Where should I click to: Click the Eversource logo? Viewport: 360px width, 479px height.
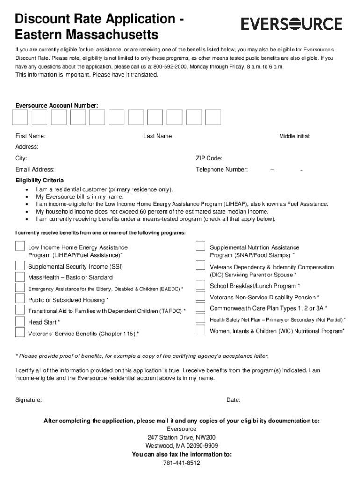pos(291,23)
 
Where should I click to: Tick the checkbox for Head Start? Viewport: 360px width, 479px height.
pos(20,321)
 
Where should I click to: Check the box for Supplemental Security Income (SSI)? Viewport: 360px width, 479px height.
pos(20,266)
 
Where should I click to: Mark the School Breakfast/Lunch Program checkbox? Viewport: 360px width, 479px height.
pos(201,285)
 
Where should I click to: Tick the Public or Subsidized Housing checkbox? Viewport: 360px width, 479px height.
pos(20,299)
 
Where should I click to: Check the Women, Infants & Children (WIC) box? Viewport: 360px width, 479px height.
pos(201,330)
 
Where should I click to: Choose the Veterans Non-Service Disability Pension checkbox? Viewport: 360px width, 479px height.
pos(201,296)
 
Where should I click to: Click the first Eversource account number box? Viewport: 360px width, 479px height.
pos(20,117)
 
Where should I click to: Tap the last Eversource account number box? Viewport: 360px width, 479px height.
pos(213,117)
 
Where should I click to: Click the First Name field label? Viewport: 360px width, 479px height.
pos(30,136)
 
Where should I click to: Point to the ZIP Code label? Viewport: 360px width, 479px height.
pos(209,158)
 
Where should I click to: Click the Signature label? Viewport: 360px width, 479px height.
pos(29,400)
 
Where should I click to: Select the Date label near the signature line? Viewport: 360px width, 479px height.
pos(233,400)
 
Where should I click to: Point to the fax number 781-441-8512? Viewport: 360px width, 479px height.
pos(181,463)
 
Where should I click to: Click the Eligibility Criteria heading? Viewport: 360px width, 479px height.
pos(40,180)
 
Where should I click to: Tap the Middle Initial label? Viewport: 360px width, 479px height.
pos(295,136)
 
